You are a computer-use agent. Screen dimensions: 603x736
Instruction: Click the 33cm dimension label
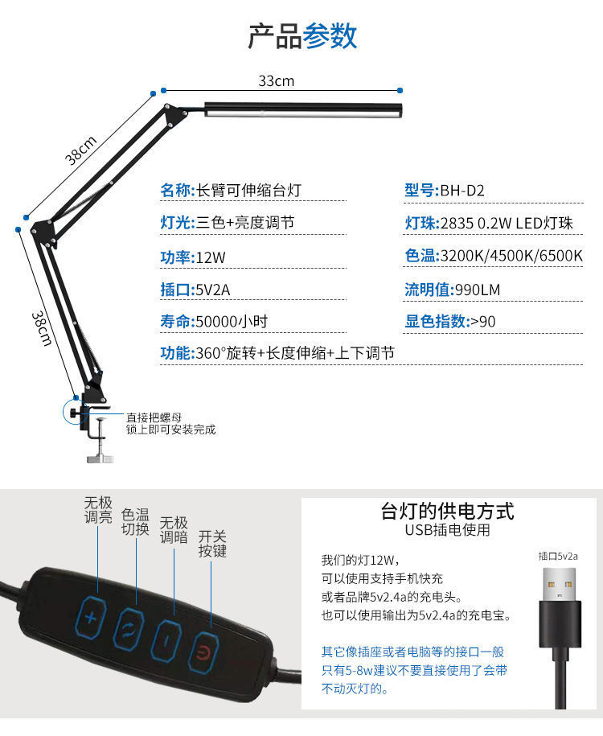(x=276, y=80)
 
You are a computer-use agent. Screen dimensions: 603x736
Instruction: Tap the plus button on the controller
(x=90, y=619)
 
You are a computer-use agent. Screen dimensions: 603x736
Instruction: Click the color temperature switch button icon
(x=129, y=627)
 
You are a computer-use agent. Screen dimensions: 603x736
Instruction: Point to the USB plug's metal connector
(x=560, y=584)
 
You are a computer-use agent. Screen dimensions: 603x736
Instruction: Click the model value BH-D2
(x=461, y=191)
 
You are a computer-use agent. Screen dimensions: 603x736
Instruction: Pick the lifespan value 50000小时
(x=232, y=322)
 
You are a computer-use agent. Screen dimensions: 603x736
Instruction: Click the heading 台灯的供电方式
(x=447, y=512)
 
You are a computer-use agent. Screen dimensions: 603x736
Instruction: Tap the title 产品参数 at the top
(x=301, y=35)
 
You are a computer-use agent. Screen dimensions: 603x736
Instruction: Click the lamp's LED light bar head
(x=302, y=109)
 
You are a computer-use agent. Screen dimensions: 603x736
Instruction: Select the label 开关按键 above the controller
(x=212, y=544)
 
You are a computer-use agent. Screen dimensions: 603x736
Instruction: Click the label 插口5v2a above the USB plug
(x=558, y=556)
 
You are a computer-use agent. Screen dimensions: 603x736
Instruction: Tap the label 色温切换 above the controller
(x=135, y=522)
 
